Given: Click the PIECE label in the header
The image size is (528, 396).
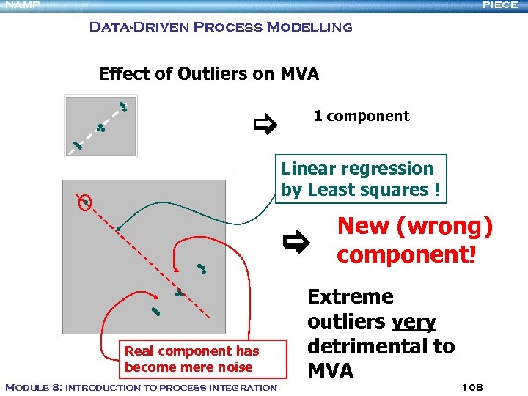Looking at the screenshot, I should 500,5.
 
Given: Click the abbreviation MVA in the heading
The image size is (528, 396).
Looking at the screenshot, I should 299,74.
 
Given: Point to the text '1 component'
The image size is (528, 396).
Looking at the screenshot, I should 361,116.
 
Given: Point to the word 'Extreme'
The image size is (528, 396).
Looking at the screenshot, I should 350,297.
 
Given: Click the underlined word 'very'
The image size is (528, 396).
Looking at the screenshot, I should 414,322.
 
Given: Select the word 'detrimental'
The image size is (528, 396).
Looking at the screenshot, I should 370,346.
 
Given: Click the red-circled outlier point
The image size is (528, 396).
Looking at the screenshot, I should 86,202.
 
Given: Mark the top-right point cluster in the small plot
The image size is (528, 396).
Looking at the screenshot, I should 123,106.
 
